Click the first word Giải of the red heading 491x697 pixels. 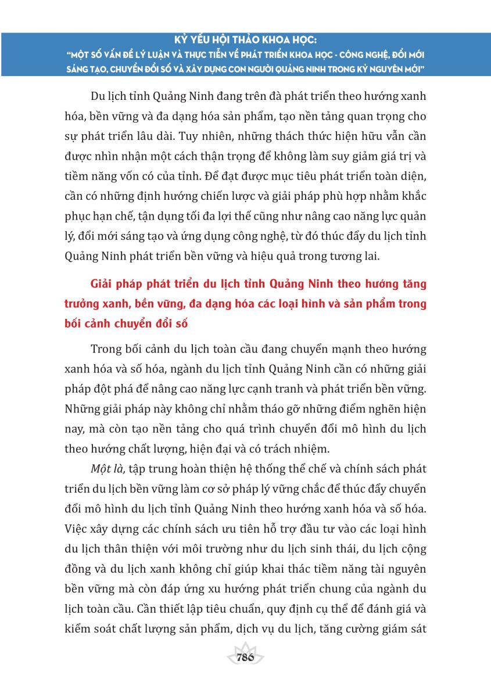103,284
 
